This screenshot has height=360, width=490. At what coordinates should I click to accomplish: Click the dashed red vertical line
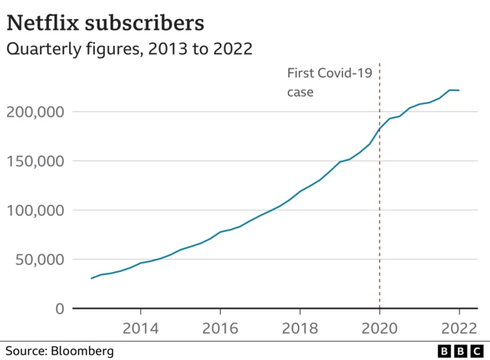click(380, 230)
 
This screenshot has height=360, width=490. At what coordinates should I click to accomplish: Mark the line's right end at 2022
click(459, 90)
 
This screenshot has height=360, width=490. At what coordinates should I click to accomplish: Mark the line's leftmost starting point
click(91, 278)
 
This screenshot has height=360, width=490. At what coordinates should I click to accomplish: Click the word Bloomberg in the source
click(83, 351)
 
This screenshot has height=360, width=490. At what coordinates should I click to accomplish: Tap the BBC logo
click(459, 350)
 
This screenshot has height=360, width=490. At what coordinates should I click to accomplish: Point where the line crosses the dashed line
click(380, 129)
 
